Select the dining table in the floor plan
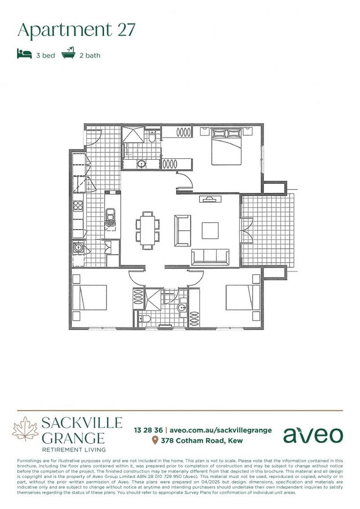pos(148,230)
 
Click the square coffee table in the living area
pos(210,231)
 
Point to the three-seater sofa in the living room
pos(210,257)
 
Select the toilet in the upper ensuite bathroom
pos(152,136)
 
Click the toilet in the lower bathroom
pos(145,319)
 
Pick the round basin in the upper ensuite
pos(141,164)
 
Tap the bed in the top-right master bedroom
pos(226,146)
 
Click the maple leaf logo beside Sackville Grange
pos(25,429)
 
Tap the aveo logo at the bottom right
pos(313,435)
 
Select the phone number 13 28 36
pos(148,430)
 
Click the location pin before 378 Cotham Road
pos(155,441)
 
